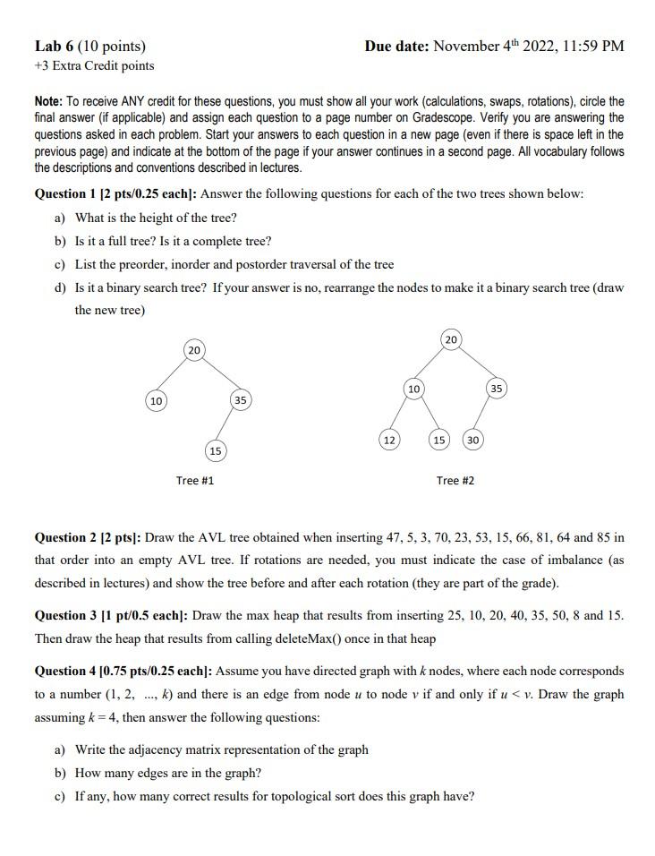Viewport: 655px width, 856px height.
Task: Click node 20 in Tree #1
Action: click(194, 349)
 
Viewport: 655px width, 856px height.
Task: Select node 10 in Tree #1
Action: click(156, 400)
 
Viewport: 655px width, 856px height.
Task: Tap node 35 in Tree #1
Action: click(240, 400)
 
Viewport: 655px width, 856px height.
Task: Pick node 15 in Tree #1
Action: click(215, 449)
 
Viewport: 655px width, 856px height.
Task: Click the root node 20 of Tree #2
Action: click(451, 339)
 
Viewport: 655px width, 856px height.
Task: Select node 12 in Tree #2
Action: click(389, 440)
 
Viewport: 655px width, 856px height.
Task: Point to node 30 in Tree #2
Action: click(473, 440)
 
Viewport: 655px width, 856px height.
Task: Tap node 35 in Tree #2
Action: click(497, 389)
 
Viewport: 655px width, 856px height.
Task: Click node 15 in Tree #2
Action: click(439, 440)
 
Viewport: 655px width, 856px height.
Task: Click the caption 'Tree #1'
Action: click(194, 481)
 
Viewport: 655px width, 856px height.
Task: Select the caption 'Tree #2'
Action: click(455, 481)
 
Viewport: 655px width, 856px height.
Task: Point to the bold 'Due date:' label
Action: click(396, 46)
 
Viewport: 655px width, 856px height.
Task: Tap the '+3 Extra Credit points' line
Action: click(94, 65)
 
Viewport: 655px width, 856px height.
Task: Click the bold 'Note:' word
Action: click(49, 102)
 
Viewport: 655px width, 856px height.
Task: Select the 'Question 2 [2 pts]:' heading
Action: click(87, 537)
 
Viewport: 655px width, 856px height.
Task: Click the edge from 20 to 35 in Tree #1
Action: click(217, 375)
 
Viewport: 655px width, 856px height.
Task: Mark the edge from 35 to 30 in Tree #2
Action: click(484, 415)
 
